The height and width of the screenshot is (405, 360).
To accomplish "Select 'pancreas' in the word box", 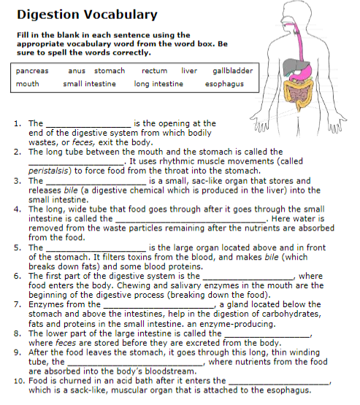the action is click(32, 71).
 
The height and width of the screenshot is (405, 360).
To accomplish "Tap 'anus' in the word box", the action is click(77, 71).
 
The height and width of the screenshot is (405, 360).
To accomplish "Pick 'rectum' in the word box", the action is click(154, 71).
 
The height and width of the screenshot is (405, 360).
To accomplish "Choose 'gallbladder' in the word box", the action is click(232, 71).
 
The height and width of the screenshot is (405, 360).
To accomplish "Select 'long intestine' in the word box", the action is click(158, 84).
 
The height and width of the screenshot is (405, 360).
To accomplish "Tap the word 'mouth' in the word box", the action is click(28, 84).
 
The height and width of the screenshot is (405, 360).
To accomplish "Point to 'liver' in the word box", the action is click(188, 71).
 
